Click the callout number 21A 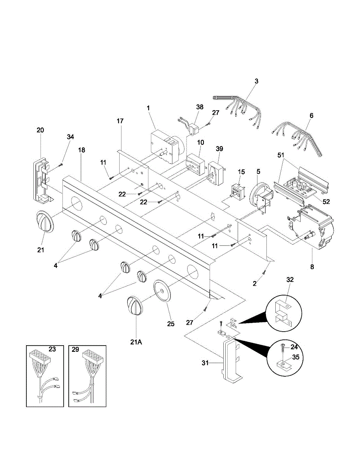pyautogui.click(x=136, y=343)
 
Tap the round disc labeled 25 pyautogui.click(x=162, y=290)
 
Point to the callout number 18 pyautogui.click(x=81, y=150)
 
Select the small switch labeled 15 pyautogui.click(x=238, y=191)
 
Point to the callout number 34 pyautogui.click(x=70, y=137)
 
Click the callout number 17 pyautogui.click(x=120, y=121)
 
